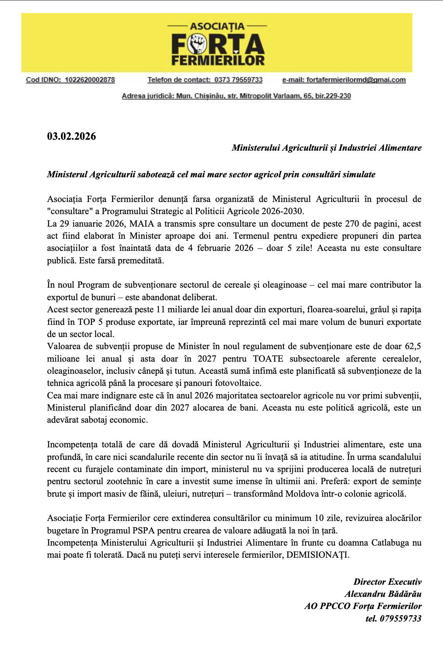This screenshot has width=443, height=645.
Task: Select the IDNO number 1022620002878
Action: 90,80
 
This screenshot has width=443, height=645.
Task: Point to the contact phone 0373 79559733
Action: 238,80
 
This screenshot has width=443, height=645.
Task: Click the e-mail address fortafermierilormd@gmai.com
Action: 356,80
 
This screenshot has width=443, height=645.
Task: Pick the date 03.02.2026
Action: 71,136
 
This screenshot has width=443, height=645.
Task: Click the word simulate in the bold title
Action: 359,175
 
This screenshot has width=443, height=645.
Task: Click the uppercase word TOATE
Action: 268,359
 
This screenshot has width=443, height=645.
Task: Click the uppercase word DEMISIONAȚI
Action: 317,555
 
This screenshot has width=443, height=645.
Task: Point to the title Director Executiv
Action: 387,582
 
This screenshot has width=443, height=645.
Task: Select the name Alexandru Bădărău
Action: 383,594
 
